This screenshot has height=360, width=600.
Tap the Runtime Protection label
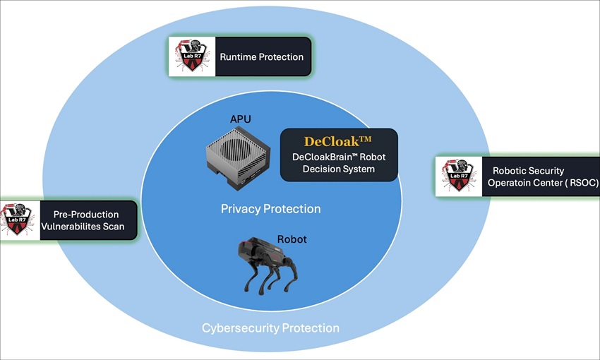point(261,57)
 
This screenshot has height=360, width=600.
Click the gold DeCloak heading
point(339,140)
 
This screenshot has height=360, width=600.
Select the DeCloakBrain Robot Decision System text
point(339,163)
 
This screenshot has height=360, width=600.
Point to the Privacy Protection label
point(270,209)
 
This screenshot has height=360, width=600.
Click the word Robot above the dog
point(292,239)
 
